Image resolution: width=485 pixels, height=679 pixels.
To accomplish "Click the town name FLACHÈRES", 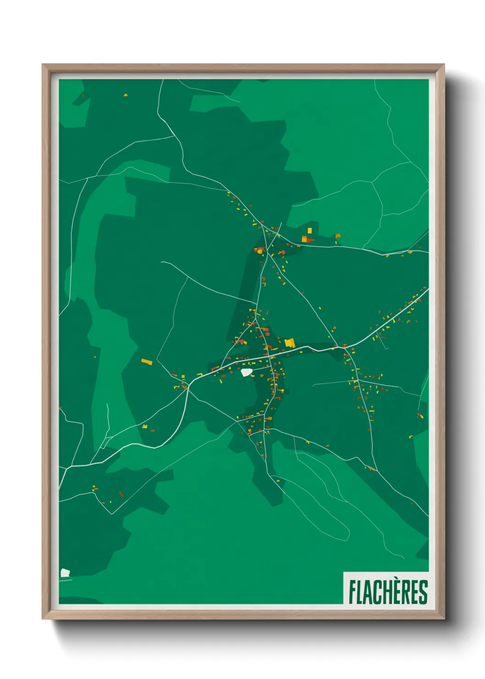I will tap(388, 592).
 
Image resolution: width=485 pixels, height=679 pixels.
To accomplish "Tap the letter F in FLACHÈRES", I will tap(353, 592).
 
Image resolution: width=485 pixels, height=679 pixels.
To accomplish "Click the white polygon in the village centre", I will tap(247, 372).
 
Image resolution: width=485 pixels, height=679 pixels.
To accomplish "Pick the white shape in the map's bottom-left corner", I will tap(65, 573).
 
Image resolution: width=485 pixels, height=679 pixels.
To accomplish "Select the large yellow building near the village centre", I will tap(289, 342).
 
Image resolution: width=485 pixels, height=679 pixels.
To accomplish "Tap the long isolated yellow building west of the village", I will tap(146, 362).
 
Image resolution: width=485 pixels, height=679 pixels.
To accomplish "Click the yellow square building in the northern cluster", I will tap(309, 230).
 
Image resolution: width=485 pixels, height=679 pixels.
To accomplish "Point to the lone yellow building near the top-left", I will tap(125, 95).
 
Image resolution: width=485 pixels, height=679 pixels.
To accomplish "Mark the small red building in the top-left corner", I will tap(83, 95).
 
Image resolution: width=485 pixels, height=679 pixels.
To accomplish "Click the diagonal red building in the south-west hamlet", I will tap(121, 494).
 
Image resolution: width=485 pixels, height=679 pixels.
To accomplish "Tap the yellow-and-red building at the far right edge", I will tap(419, 416).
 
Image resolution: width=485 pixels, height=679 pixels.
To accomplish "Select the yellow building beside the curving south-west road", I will tap(145, 426).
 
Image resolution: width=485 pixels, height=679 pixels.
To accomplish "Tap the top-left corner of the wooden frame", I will tap(43, 65).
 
